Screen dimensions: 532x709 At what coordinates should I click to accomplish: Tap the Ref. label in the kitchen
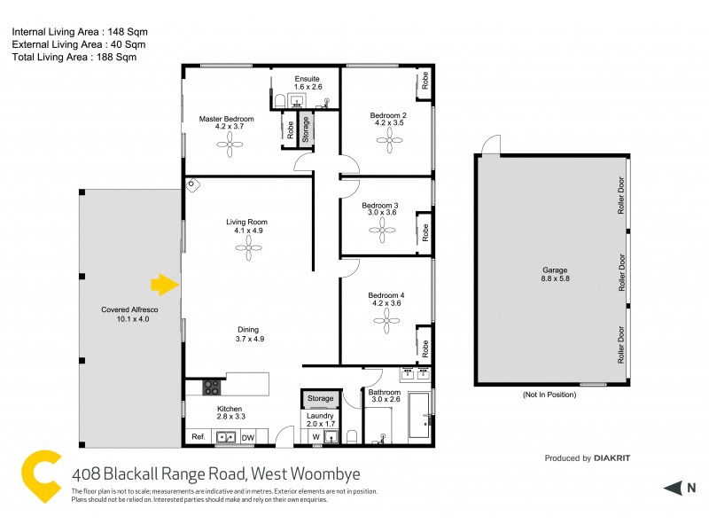(199, 437)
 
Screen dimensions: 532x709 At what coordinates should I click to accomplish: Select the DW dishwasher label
(248, 437)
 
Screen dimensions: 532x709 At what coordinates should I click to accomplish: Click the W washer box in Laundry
(316, 436)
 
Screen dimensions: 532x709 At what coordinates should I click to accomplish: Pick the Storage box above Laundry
(321, 399)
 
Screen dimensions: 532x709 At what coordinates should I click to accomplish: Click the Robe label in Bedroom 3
(425, 232)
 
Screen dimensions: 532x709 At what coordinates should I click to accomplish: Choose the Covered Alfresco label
(129, 315)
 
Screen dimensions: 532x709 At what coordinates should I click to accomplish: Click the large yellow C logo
(43, 478)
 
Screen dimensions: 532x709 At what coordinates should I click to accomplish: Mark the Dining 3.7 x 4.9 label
(249, 334)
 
